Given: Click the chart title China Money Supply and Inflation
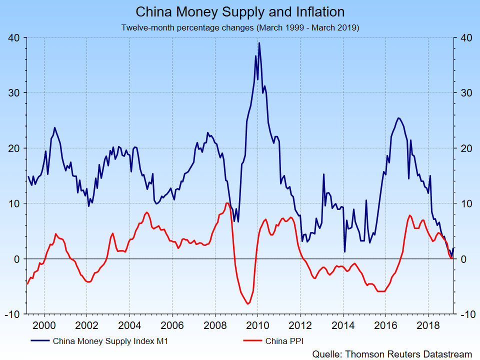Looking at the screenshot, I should [x=240, y=12].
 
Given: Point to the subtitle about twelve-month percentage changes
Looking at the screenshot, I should [x=240, y=27].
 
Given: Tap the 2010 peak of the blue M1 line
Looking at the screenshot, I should [x=259, y=43].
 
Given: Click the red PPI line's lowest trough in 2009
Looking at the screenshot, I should [x=247, y=303].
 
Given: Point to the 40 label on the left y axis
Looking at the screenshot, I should [x=13, y=37].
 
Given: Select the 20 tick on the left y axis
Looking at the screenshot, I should [x=13, y=148].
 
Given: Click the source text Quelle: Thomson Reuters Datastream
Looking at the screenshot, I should [x=392, y=353].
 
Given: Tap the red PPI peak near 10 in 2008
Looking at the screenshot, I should [x=227, y=203].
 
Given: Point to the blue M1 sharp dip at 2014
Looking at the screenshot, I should [x=344, y=251].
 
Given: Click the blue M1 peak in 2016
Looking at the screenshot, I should [x=398, y=118].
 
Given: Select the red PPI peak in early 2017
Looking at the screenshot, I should [x=410, y=215].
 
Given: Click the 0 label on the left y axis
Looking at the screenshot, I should [x=16, y=259].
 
